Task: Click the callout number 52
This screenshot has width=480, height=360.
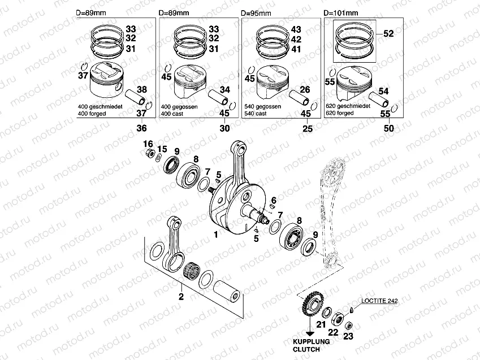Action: (388, 34)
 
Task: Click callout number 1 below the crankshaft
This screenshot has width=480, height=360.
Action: (215, 233)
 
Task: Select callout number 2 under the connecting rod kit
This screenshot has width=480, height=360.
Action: (181, 296)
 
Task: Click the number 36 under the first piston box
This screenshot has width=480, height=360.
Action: (140, 129)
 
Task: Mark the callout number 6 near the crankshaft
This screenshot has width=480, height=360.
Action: (273, 201)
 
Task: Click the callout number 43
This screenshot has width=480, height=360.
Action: (296, 29)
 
